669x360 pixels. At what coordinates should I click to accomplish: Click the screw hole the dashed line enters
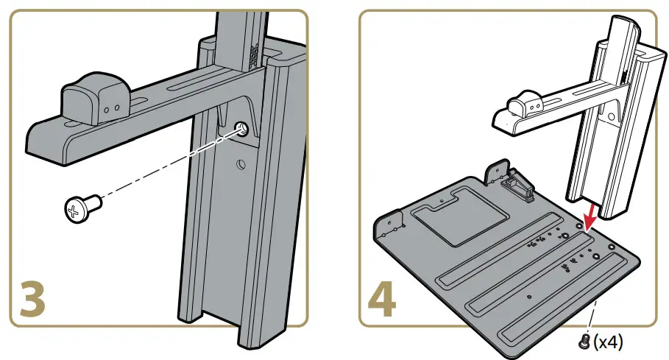pos(241,130)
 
